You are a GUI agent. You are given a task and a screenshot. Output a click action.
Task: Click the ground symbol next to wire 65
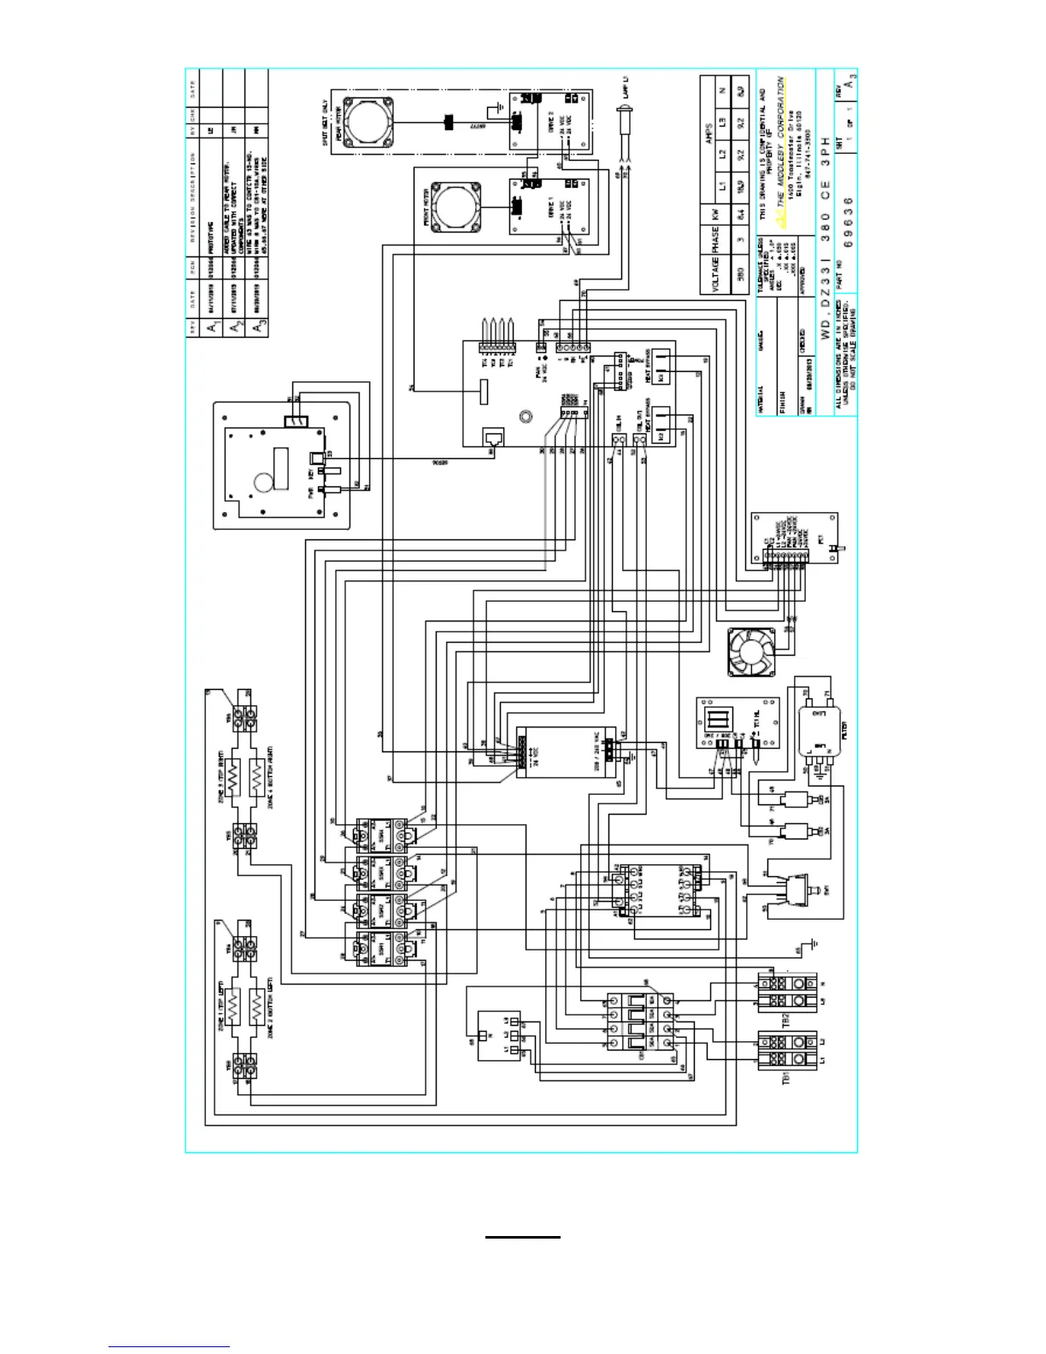tap(816, 944)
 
